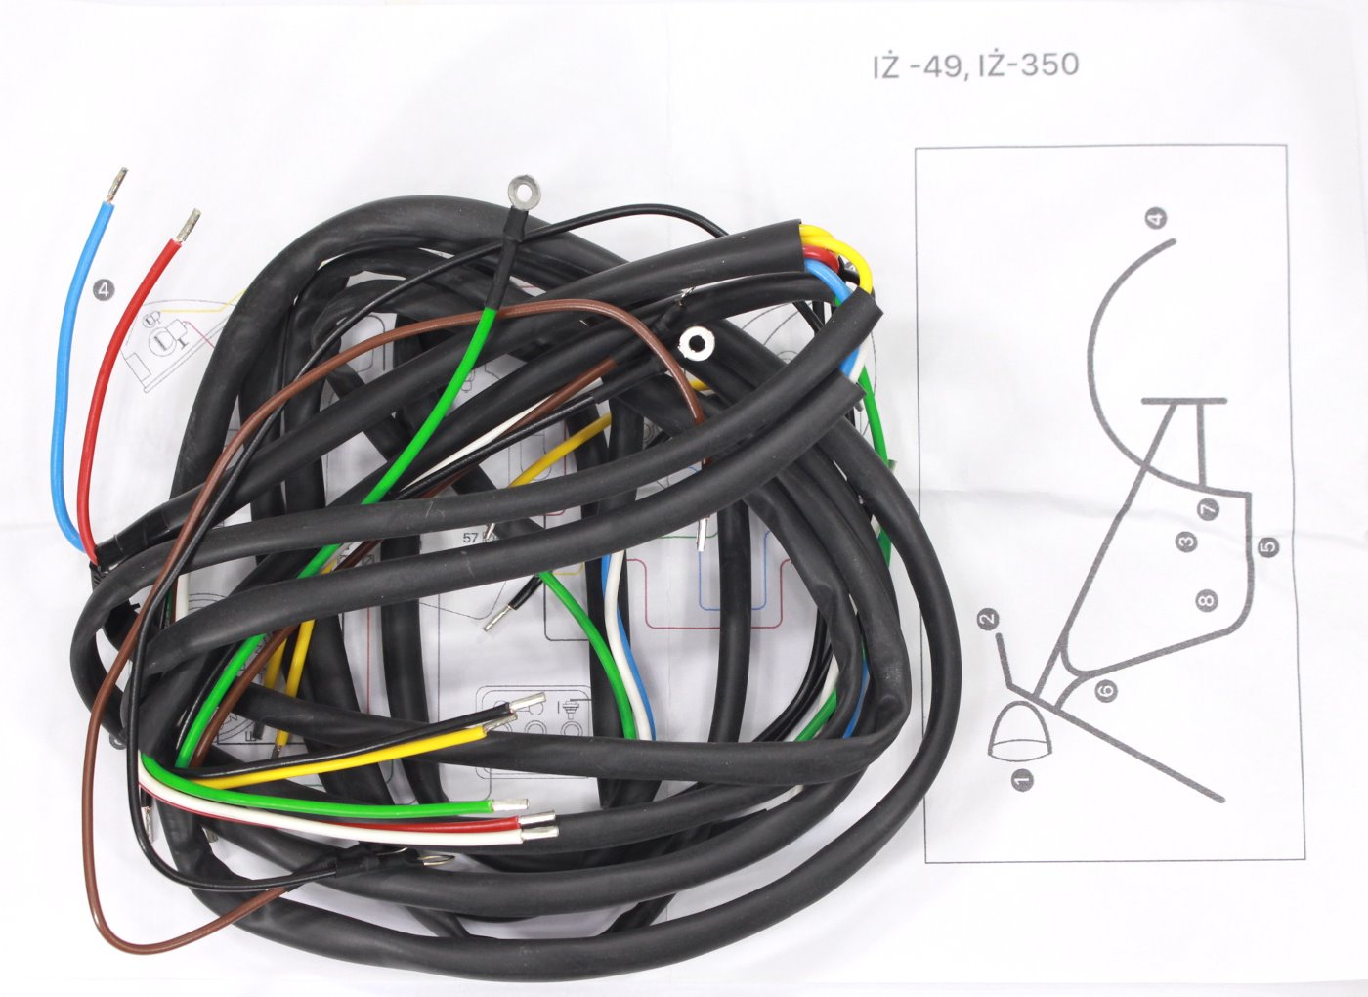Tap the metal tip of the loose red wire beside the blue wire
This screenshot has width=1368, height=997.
pos(189,226)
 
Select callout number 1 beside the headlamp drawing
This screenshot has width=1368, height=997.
pos(1022,779)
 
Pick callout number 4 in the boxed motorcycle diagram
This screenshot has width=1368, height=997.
pos(1156,218)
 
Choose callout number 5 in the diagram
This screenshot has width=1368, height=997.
pos(1268,545)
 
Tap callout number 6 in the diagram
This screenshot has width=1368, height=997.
pos(1106,691)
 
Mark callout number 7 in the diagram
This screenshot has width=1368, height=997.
pos(1208,509)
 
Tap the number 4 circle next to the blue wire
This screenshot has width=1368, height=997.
pos(105,289)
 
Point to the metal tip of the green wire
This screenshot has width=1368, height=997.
pos(509,803)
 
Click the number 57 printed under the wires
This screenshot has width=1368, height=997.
pos(470,539)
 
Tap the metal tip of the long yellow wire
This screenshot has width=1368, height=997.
pos(499,724)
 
